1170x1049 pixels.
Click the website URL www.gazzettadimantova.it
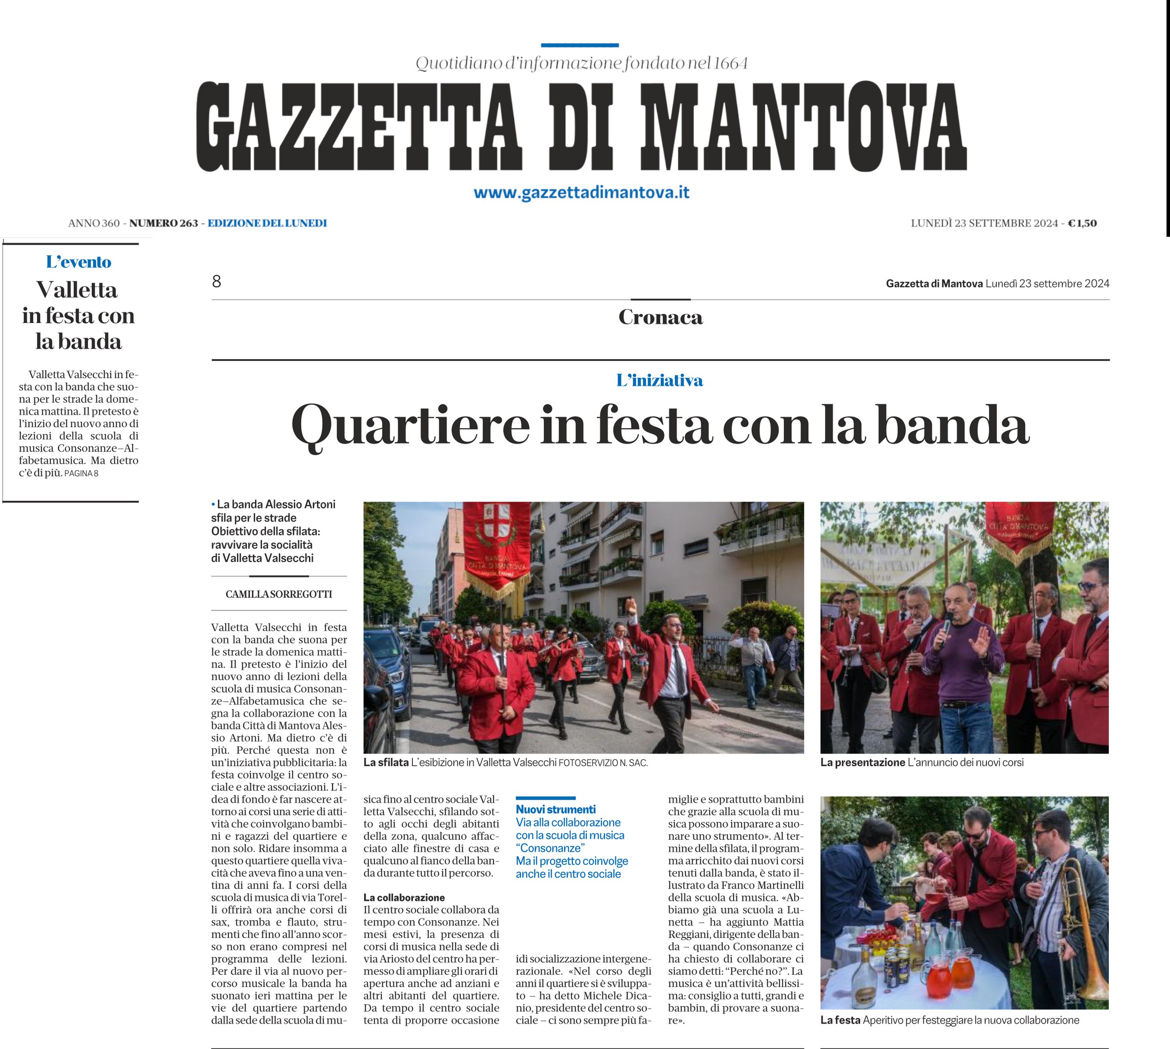(581, 192)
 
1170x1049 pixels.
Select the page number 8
(217, 281)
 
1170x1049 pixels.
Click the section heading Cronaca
(660, 317)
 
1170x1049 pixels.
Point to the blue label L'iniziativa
(659, 381)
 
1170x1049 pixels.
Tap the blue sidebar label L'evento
(79, 262)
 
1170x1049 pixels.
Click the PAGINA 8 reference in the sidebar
(81, 474)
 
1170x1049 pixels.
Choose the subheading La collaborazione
(404, 897)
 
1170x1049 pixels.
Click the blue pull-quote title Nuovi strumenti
(556, 809)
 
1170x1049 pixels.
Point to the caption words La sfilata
(385, 763)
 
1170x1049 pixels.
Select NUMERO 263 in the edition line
(163, 223)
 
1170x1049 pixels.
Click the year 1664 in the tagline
(731, 64)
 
